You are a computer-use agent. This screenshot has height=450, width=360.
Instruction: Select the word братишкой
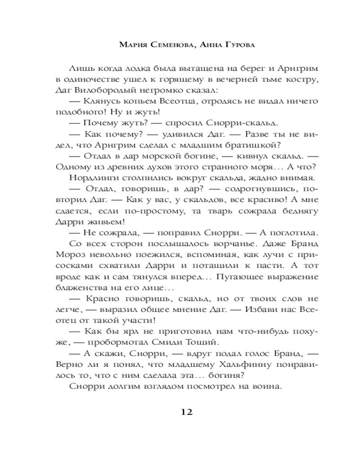pyautogui.click(x=256, y=144)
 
